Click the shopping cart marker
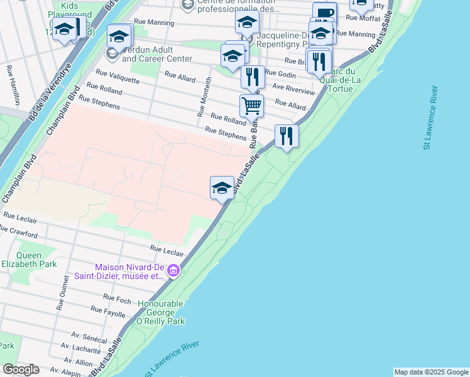pyautogui.click(x=251, y=106)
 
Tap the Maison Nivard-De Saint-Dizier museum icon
pyautogui.click(x=173, y=271)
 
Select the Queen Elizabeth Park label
pyautogui.click(x=29, y=260)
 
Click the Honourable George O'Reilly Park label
pyautogui.click(x=161, y=312)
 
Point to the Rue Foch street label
pyautogui.click(x=117, y=298)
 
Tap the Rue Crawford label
pyautogui.click(x=19, y=233)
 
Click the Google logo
pyautogui.click(x=21, y=369)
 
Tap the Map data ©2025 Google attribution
pyautogui.click(x=431, y=372)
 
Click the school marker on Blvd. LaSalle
pyautogui.click(x=222, y=187)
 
